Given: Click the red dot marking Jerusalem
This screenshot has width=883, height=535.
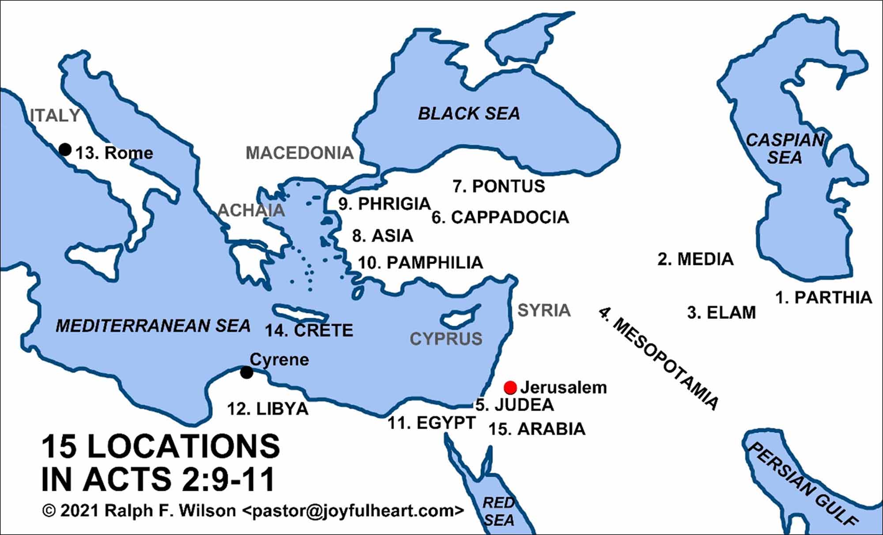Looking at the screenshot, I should point(510,388).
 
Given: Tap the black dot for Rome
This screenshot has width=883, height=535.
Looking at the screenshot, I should point(65,149).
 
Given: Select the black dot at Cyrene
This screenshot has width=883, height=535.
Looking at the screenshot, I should point(246,373).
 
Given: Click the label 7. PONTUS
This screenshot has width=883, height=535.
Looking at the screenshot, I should point(499,186).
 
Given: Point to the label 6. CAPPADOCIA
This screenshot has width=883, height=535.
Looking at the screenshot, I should point(500,217).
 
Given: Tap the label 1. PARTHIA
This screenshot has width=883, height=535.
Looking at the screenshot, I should point(824,298).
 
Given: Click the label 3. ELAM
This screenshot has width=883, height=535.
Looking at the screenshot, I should point(721,313).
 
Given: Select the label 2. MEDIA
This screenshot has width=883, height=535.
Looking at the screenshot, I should point(696,259).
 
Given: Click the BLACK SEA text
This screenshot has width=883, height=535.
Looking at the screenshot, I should point(469,114).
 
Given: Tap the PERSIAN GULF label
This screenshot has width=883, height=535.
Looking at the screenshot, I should point(801,483).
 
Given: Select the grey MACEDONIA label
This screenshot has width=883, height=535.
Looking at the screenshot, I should point(299,153).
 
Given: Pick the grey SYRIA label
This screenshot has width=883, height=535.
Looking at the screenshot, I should point(544,310).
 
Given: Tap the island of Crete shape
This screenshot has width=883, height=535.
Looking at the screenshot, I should point(300,313).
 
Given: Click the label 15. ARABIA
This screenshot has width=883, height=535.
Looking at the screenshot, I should point(537,429).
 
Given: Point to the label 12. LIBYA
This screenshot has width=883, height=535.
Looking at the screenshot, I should point(268,409).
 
